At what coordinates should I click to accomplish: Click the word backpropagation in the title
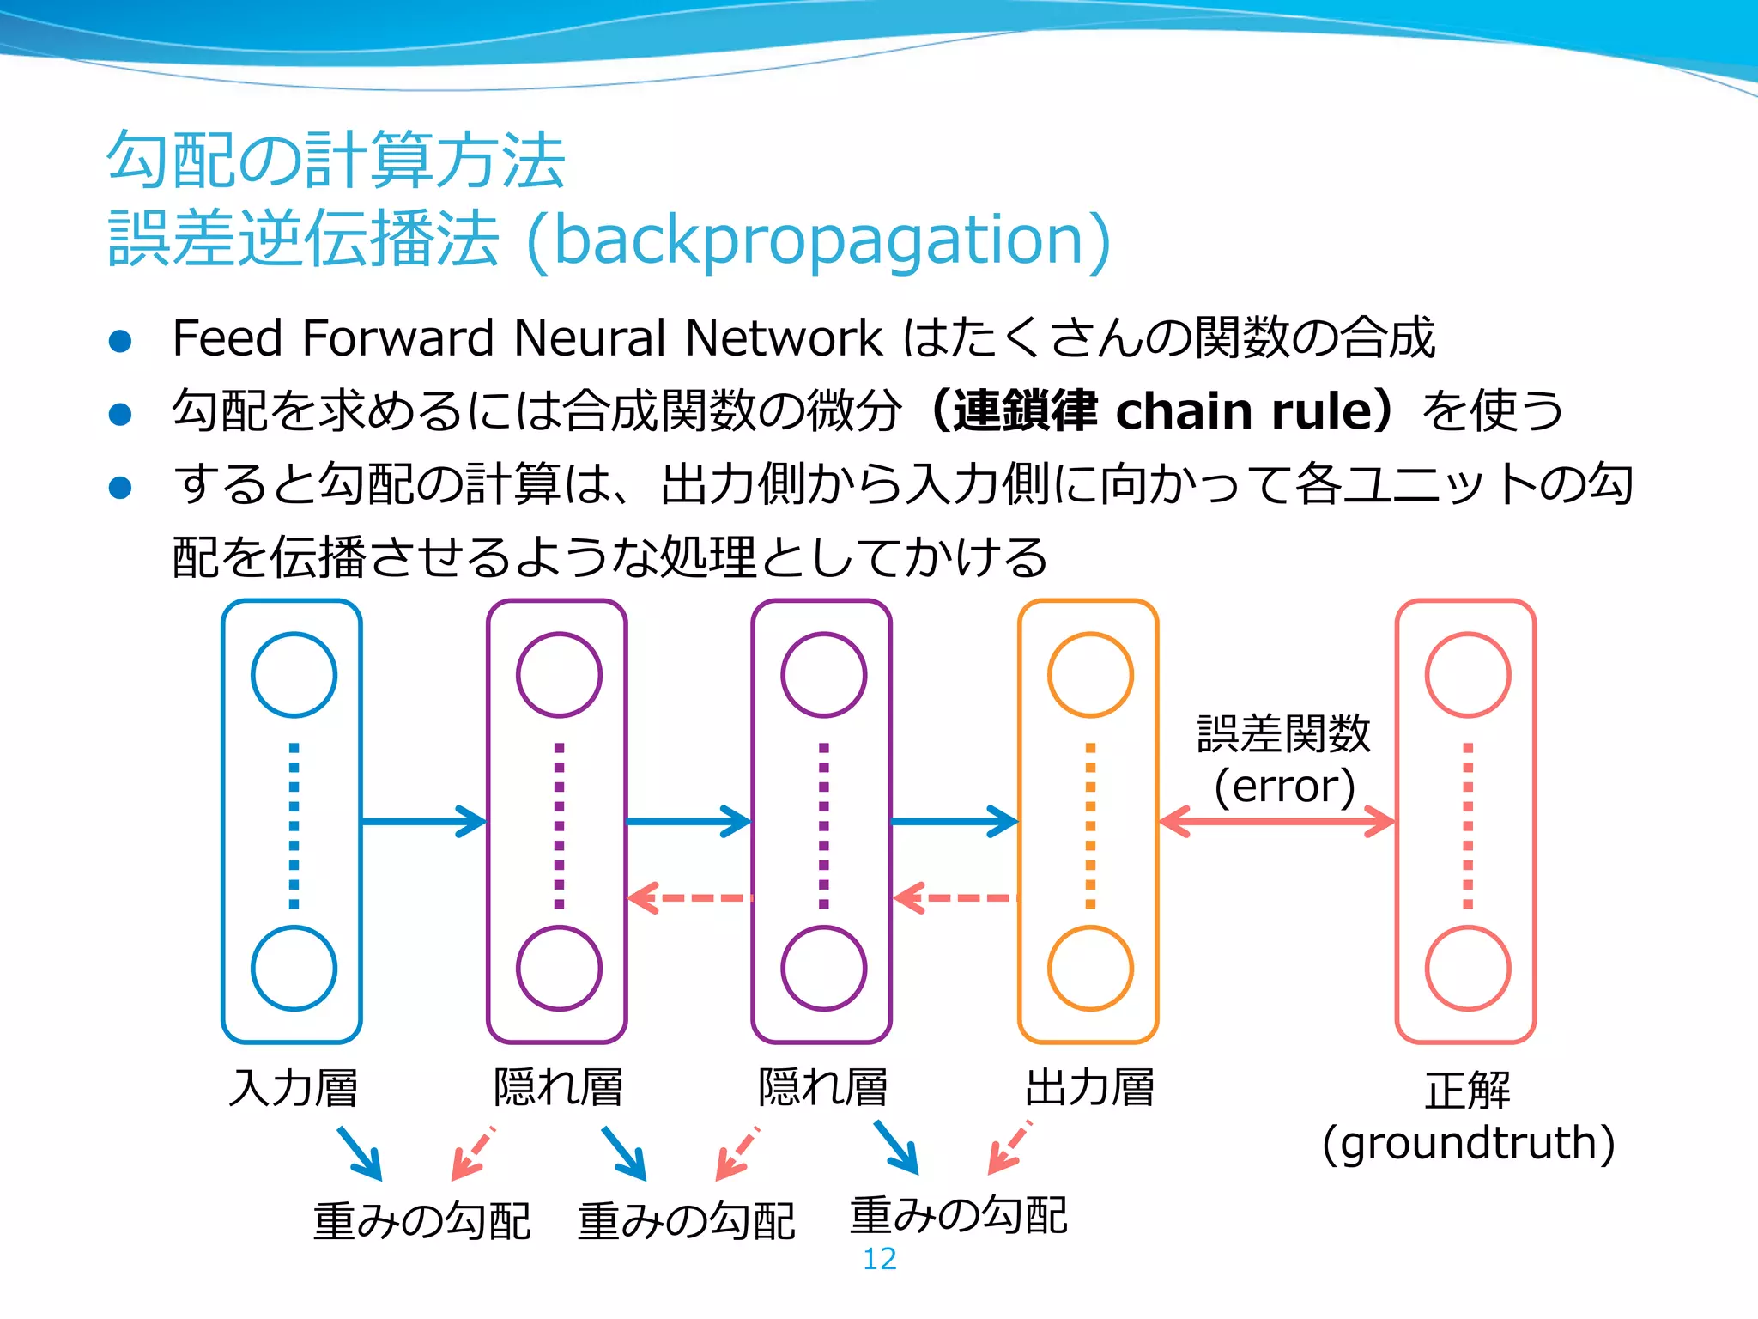pos(820,240)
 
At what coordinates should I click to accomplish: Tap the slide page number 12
pos(879,1259)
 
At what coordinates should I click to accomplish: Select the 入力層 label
pos(293,1087)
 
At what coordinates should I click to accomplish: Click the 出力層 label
pos(1089,1087)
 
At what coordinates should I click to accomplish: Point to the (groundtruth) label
pos(1468,1143)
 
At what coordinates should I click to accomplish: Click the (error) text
pos(1284,786)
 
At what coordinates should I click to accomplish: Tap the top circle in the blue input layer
pos(294,675)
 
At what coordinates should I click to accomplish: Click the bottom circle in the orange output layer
pos(1090,969)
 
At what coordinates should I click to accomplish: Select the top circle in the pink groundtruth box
pos(1468,675)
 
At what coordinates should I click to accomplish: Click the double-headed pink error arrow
pos(1276,822)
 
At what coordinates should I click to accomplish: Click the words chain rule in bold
pos(1245,410)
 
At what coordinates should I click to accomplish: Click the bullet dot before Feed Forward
pos(120,341)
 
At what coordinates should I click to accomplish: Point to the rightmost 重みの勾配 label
pos(958,1215)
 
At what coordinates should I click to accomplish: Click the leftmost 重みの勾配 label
pos(421,1221)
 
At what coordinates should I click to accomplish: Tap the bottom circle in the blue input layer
pos(294,969)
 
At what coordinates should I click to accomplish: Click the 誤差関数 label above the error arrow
pos(1283,734)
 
